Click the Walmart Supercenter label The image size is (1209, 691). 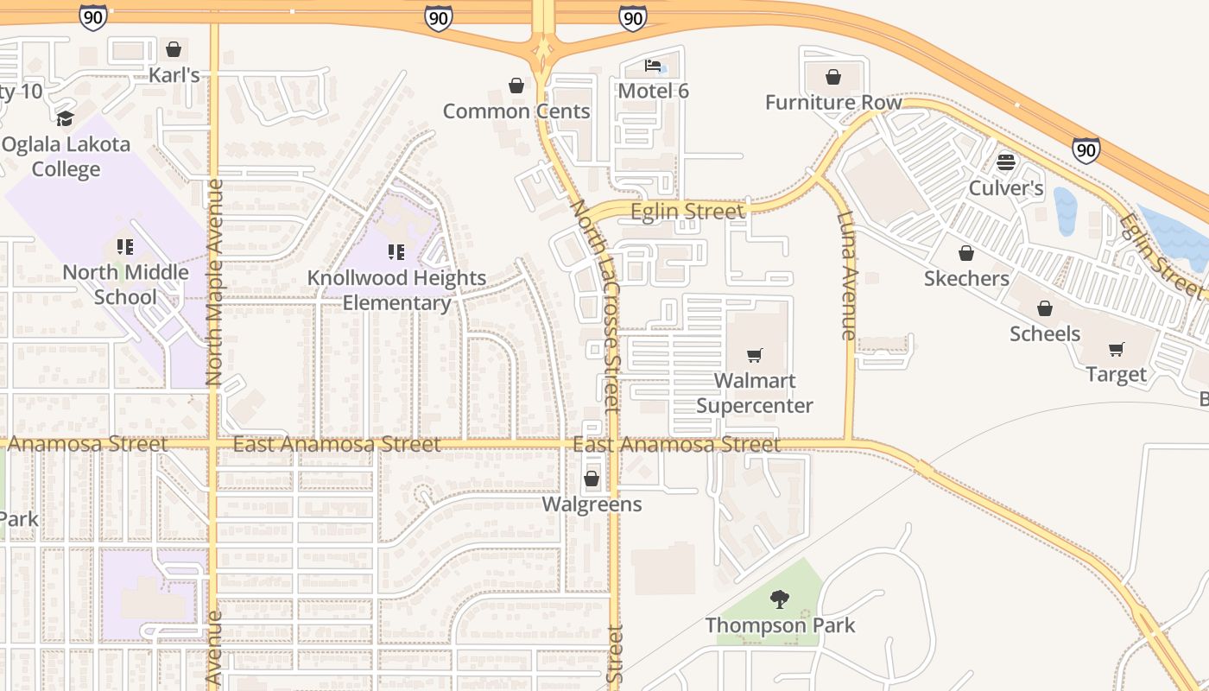click(755, 393)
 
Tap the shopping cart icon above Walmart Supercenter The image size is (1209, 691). click(755, 355)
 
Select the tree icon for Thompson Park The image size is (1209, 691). click(780, 599)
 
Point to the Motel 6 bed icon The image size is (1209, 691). click(654, 66)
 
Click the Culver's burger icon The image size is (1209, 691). click(1006, 162)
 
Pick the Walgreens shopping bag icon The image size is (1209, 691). click(592, 478)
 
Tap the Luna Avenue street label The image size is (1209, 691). click(847, 275)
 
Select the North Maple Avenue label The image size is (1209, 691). click(215, 282)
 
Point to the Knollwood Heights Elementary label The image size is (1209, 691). click(397, 290)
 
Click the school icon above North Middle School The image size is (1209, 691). click(125, 247)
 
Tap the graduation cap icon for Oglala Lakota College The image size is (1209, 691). click(65, 118)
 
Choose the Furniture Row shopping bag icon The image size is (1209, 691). click(833, 78)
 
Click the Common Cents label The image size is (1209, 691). click(516, 111)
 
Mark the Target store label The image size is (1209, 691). click(1117, 375)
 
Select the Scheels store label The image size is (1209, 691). click(1045, 334)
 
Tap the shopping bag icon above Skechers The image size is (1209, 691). click(966, 253)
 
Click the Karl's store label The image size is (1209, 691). click(174, 75)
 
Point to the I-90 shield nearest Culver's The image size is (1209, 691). click(1086, 150)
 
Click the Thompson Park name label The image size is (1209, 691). click(780, 625)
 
